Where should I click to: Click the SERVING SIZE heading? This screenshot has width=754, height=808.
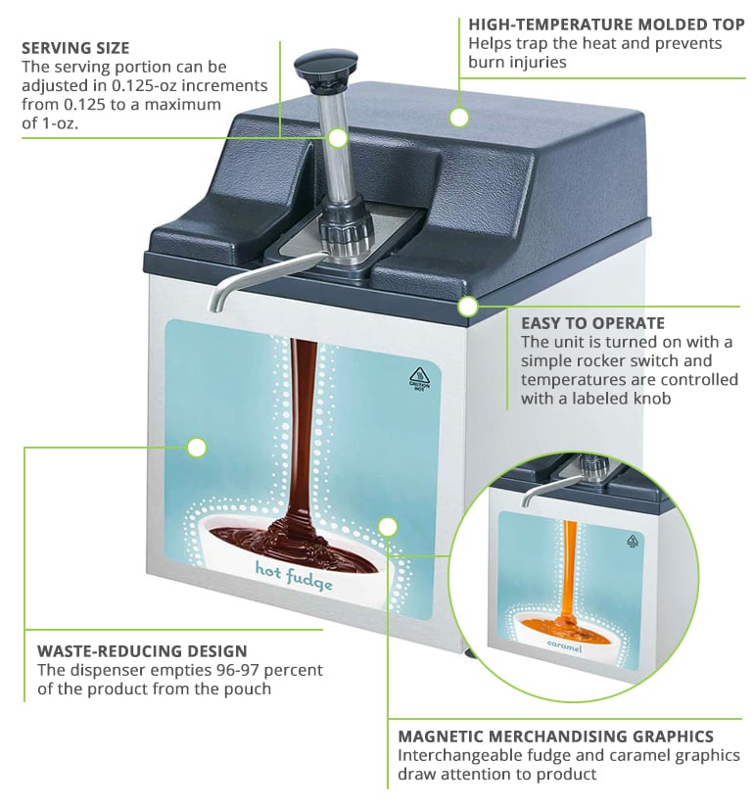tap(75, 47)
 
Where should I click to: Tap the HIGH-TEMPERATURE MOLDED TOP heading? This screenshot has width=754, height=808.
tap(606, 24)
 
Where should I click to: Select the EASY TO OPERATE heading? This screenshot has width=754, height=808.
tap(592, 322)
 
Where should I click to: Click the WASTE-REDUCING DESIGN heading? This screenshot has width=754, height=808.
tap(142, 650)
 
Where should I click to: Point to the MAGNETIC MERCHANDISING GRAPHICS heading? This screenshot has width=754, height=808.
tap(555, 736)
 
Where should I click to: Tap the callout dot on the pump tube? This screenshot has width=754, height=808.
tap(338, 138)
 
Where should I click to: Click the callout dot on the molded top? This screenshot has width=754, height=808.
tap(459, 118)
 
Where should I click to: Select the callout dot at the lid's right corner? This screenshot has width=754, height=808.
tap(468, 307)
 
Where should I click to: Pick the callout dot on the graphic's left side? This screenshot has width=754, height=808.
tap(197, 448)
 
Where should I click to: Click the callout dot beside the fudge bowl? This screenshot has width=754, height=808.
tap(388, 527)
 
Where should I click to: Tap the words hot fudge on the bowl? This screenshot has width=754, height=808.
tap(294, 576)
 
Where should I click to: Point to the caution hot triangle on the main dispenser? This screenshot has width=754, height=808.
tap(419, 376)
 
